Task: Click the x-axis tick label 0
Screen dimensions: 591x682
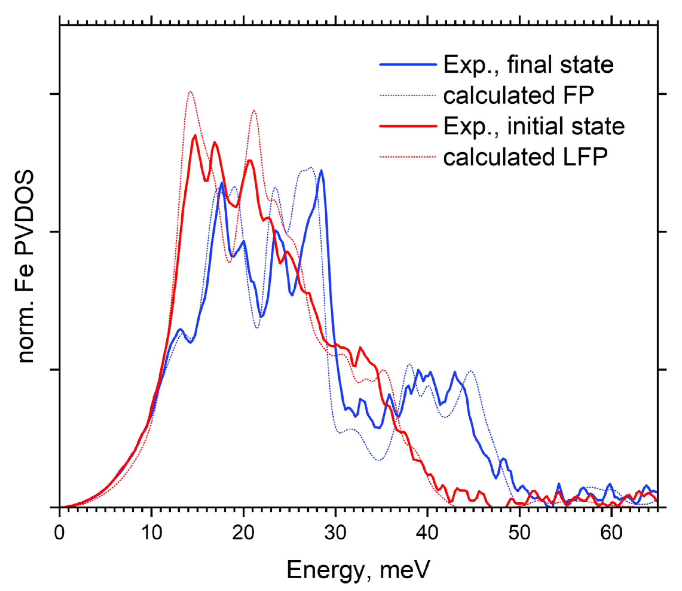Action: pyautogui.click(x=59, y=533)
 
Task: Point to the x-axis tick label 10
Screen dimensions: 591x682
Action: pyautogui.click(x=151, y=533)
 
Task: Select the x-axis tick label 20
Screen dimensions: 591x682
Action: pyautogui.click(x=243, y=533)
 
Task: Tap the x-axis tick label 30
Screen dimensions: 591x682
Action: pyautogui.click(x=335, y=533)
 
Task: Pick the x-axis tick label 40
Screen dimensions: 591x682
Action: pyautogui.click(x=427, y=533)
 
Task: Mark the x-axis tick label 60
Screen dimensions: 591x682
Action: pyautogui.click(x=611, y=533)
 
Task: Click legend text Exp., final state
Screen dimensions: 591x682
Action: pyautogui.click(x=528, y=65)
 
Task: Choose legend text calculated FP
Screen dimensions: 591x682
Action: pyautogui.click(x=518, y=95)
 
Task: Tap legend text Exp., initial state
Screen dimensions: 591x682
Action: pyautogui.click(x=534, y=126)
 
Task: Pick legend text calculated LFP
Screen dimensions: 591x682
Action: pyautogui.click(x=525, y=157)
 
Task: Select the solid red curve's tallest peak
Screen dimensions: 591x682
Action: pyautogui.click(x=195, y=135)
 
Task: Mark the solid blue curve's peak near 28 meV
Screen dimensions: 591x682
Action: pyautogui.click(x=321, y=171)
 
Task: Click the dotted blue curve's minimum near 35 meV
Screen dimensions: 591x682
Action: pyautogui.click(x=379, y=460)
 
